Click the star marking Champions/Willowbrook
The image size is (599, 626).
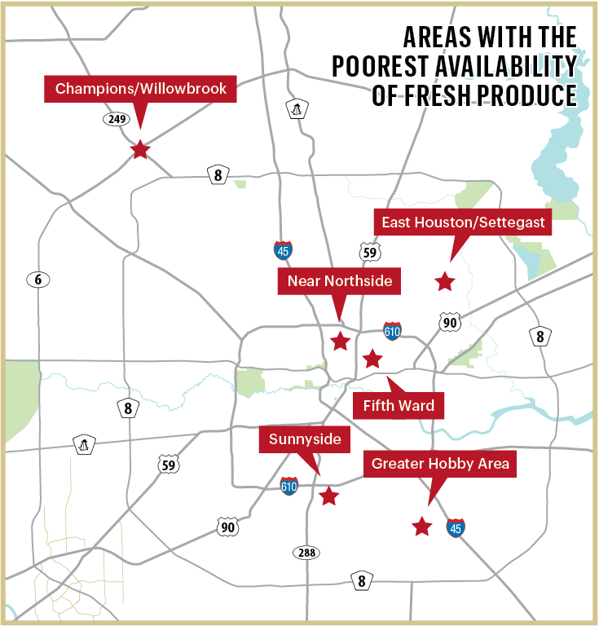click(140, 149)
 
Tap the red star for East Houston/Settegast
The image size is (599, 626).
click(444, 282)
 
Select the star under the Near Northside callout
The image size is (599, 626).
click(341, 342)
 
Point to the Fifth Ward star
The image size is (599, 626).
click(372, 359)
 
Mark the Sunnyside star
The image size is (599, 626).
click(328, 496)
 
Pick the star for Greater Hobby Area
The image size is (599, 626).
click(421, 527)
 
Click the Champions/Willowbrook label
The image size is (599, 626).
click(140, 88)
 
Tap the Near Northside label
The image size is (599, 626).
click(340, 282)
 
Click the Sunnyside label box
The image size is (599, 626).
click(305, 441)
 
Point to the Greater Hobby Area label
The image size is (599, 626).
click(440, 464)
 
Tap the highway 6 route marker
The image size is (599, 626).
click(37, 280)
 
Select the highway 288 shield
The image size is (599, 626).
click(305, 553)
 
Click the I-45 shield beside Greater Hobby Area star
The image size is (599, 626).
click(456, 527)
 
